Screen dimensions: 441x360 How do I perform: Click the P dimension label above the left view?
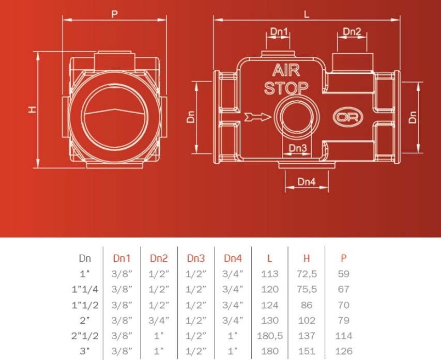(114, 14)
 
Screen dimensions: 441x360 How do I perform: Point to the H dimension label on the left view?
(33, 109)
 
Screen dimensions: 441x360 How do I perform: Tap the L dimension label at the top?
(307, 14)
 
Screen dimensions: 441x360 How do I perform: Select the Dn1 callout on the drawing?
(279, 31)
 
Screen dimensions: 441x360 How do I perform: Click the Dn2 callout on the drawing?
(352, 31)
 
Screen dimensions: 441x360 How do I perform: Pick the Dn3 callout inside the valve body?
(298, 148)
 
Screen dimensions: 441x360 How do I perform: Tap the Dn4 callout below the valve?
(307, 181)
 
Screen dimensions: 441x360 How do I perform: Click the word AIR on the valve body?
(286, 70)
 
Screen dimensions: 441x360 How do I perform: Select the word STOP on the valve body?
(286, 88)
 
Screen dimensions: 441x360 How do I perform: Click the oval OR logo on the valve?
(348, 117)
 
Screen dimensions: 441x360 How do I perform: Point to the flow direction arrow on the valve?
(257, 117)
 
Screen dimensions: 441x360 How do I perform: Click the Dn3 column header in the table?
(196, 258)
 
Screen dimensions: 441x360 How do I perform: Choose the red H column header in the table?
(307, 258)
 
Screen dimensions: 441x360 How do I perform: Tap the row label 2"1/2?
(85, 336)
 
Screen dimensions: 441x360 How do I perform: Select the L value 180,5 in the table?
(270, 336)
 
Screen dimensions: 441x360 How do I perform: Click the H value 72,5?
(307, 274)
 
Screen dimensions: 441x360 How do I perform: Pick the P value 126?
(344, 351)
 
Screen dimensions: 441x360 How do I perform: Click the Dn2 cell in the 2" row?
(159, 320)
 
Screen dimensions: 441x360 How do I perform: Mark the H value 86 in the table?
(307, 305)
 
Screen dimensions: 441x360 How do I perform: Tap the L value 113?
(270, 274)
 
